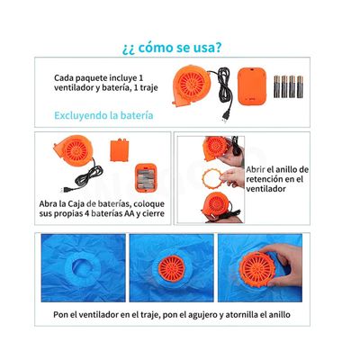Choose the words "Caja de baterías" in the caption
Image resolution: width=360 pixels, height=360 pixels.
[103, 203]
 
